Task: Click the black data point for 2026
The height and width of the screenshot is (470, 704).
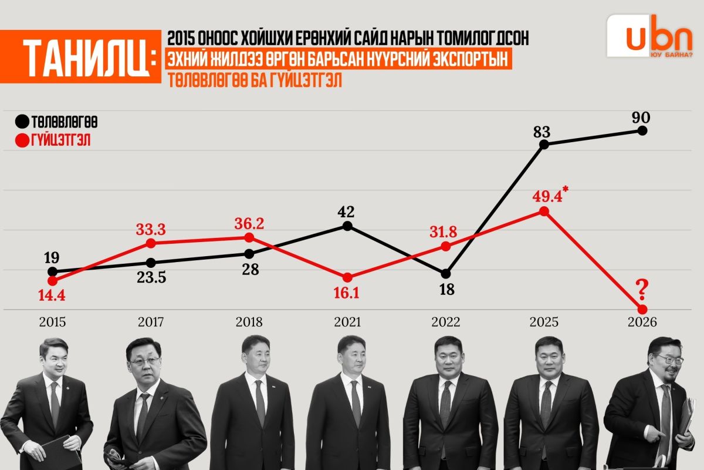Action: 642,130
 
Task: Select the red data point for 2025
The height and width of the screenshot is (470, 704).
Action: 544,211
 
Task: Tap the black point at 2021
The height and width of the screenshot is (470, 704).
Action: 347,226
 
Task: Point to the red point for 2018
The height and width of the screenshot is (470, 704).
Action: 249,237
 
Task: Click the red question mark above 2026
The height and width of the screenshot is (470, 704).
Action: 642,288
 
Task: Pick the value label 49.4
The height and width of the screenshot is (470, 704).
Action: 547,196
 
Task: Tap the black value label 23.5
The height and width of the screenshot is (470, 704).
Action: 151,277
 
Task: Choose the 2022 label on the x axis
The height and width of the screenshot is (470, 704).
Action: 446,322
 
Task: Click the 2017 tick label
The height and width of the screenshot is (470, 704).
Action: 151,322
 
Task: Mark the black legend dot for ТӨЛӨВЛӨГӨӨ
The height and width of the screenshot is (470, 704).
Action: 22,122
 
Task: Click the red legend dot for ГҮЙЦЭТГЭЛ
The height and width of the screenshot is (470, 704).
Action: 22,141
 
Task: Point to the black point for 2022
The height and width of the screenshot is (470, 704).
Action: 446,274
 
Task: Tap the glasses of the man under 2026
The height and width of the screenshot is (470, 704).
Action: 668,359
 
